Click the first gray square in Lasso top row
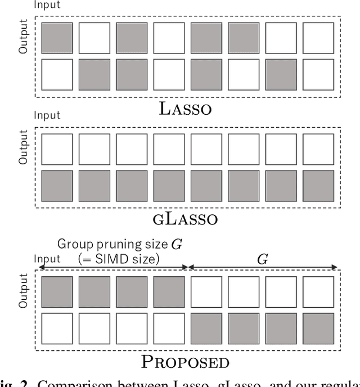[x=57, y=38]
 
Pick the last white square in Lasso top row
[x=318, y=38]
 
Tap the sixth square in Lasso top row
[x=244, y=38]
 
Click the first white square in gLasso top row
[x=57, y=148]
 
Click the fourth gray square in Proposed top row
[x=169, y=291]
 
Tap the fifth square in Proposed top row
[x=206, y=291]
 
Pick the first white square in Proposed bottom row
[x=57, y=328]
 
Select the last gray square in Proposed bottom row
[x=318, y=328]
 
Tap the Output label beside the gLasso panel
[x=23, y=147]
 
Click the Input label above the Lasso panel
[x=48, y=6]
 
